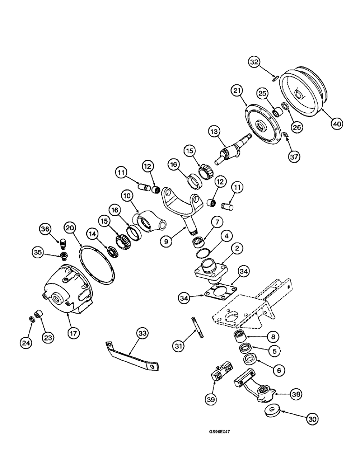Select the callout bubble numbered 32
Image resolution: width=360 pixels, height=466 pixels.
(x=255, y=62)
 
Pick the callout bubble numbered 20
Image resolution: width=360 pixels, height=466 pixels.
(x=70, y=228)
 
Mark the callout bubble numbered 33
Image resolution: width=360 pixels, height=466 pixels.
(x=142, y=333)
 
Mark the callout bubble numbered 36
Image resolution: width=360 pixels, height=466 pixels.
(x=45, y=229)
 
